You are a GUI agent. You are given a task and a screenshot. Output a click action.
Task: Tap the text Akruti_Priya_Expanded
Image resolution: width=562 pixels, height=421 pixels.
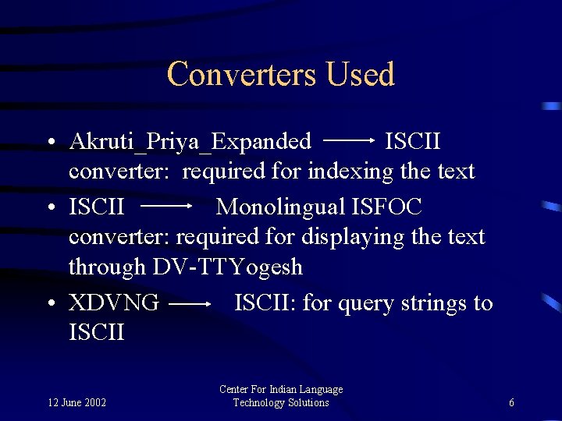pos(190,142)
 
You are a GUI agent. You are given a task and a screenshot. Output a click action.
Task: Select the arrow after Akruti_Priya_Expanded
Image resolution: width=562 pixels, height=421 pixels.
pos(349,141)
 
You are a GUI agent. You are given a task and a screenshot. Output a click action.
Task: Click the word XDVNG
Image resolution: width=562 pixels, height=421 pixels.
pos(114,302)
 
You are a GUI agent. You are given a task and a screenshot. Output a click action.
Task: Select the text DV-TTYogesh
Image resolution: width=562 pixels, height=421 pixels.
pos(228,267)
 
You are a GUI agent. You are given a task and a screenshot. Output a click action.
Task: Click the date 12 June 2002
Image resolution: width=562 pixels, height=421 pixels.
pos(77,403)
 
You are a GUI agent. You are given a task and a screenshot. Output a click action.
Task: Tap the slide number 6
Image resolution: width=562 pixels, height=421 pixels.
pos(511,403)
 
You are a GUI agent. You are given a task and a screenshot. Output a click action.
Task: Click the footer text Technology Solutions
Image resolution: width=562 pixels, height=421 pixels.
pos(281,402)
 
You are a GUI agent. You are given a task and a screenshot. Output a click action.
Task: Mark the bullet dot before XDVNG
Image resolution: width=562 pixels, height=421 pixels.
pos(49,304)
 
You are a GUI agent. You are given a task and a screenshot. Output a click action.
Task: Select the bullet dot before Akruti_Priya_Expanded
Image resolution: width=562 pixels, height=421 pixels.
pos(49,143)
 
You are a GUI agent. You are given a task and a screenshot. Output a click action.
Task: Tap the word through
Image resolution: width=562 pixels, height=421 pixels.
pos(107,267)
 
